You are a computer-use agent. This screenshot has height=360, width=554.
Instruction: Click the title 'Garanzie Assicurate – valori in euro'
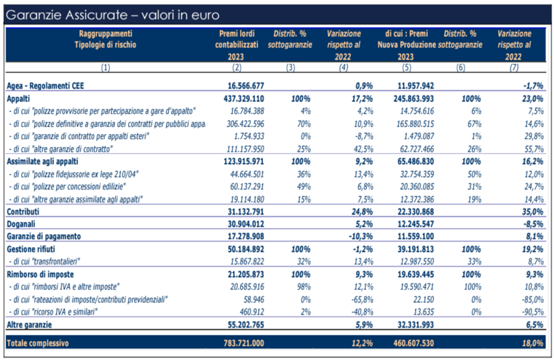pyautogui.click(x=113, y=15)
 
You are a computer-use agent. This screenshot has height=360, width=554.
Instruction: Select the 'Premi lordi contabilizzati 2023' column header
pyautogui.click(x=237, y=45)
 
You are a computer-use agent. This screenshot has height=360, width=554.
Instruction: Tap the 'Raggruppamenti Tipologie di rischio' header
pyautogui.click(x=105, y=39)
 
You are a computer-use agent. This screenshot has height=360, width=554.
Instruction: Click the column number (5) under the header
pyautogui.click(x=406, y=67)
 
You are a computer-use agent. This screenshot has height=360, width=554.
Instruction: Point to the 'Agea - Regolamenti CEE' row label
pyautogui.click(x=46, y=86)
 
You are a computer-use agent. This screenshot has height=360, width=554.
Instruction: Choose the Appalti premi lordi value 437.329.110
pyautogui.click(x=243, y=98)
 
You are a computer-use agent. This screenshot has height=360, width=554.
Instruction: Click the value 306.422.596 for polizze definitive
pyautogui.click(x=245, y=124)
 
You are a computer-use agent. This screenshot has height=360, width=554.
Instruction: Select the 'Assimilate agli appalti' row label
pyautogui.click(x=42, y=162)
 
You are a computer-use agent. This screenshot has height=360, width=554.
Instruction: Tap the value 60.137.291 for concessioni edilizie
pyautogui.click(x=247, y=186)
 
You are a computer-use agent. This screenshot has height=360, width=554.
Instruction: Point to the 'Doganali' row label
pyautogui.click(x=21, y=224)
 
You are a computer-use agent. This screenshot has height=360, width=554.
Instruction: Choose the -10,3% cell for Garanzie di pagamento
pyautogui.click(x=361, y=237)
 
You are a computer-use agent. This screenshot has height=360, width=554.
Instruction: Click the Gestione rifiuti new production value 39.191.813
pyautogui.click(x=416, y=249)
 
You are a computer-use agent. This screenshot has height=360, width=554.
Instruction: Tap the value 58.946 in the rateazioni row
pyautogui.click(x=254, y=299)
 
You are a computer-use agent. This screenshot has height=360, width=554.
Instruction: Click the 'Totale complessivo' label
pyautogui.click(x=38, y=343)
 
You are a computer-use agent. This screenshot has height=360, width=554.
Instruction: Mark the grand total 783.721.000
pyautogui.click(x=243, y=343)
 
